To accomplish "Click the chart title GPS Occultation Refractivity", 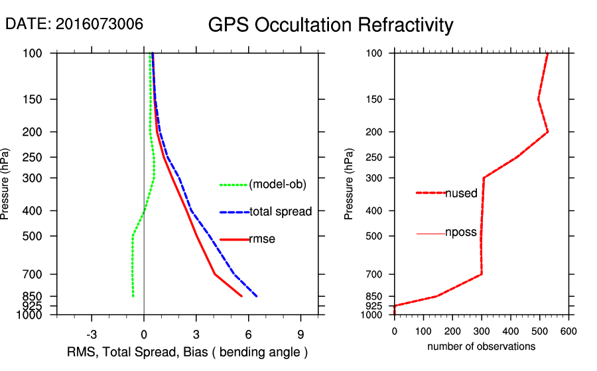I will [x=330, y=25].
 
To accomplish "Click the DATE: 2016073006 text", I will [x=74, y=24].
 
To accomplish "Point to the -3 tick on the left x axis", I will [x=92, y=334].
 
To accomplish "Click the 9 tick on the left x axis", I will [x=301, y=334].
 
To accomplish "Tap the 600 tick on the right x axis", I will [x=568, y=331].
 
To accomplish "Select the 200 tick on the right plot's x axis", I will [x=452, y=331].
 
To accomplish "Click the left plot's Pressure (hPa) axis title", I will [x=6, y=184].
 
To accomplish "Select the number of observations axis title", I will [x=481, y=346].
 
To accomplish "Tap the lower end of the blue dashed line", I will [x=257, y=296].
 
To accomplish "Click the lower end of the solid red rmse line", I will [x=242, y=296].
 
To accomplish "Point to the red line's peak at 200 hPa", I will [x=548, y=132].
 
